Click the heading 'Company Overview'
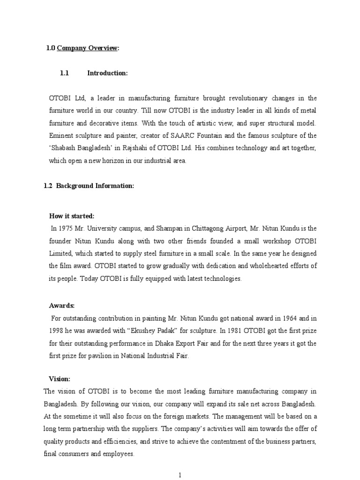point(88,48)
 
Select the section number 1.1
point(65,73)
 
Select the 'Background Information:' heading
point(95,186)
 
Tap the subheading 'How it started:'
point(72,216)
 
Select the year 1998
point(57,331)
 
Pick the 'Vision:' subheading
point(60,379)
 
